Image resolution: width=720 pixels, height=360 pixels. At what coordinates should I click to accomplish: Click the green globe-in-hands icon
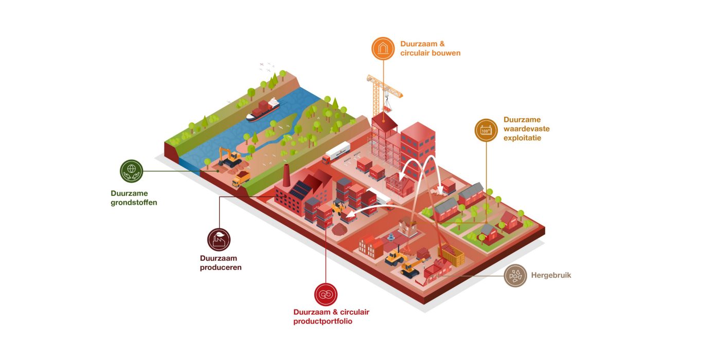(131, 171)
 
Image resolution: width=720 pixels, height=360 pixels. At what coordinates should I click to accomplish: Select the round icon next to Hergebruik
(515, 276)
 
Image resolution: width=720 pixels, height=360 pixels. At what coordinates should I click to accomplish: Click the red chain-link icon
(326, 295)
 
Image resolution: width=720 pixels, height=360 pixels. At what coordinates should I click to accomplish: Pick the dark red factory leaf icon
(219, 240)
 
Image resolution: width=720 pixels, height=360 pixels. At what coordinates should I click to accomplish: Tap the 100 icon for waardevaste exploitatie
(486, 130)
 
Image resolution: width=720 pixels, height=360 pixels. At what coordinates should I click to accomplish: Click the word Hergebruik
(551, 276)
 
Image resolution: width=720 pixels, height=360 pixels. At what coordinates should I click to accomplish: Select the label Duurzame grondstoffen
(134, 198)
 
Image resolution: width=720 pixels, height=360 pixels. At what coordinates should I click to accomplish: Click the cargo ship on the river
(263, 110)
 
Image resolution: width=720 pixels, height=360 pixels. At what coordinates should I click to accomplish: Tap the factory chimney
(286, 177)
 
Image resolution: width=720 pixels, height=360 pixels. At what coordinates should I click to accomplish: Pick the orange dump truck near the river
(241, 178)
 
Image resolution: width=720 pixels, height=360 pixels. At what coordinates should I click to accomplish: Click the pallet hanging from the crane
(387, 109)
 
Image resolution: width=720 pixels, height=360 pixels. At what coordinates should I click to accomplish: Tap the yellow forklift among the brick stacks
(338, 207)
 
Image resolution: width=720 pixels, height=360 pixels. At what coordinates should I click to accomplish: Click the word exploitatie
(522, 138)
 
